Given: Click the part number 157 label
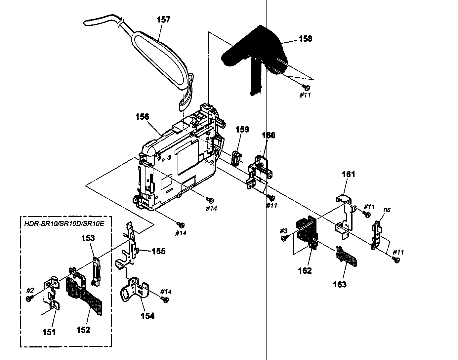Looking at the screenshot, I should coord(163,20).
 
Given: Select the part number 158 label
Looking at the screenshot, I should coord(305,39).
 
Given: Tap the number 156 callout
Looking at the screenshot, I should coord(142,117).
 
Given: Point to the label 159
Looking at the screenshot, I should coord(242,129).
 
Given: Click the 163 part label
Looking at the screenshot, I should coord(340,284).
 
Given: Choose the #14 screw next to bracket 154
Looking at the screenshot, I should coord(166,299).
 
